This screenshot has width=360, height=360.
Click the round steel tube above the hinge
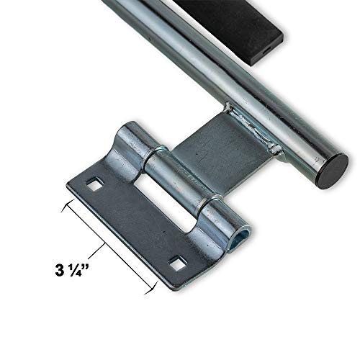(238, 79)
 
